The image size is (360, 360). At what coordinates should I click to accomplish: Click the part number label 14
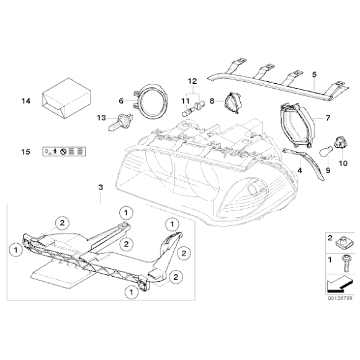[x=25, y=101]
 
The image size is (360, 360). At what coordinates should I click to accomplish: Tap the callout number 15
[x=25, y=151]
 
